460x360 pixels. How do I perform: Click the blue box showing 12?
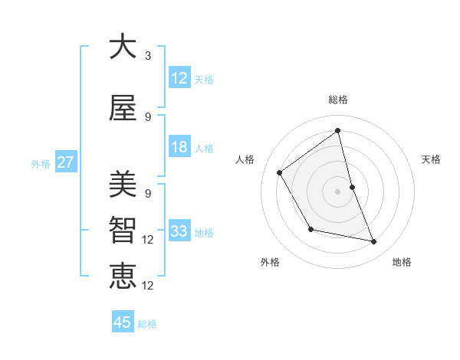179,78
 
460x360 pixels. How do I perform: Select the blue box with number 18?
179,147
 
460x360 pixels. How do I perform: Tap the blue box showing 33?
179,231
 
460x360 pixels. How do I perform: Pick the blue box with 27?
65,162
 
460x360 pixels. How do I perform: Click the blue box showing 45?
123,322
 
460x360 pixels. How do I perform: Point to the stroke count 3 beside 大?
148,56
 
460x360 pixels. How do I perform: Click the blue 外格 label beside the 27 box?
41,163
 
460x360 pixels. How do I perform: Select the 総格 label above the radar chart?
337,100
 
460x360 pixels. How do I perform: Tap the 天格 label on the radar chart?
431,159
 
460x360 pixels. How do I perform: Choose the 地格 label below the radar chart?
402,262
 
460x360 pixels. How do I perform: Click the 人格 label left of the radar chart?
245,159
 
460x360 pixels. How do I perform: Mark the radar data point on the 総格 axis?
337,131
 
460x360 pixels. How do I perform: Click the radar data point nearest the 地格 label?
374,242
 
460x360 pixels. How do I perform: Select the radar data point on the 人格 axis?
280,172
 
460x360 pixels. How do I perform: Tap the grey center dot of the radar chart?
337,191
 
